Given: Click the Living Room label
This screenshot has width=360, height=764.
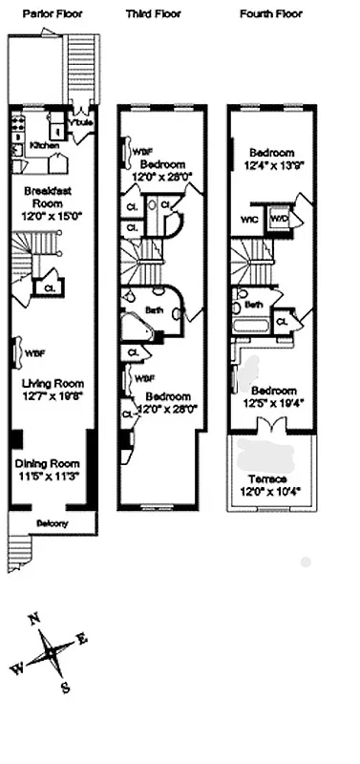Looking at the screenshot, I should tap(53, 384).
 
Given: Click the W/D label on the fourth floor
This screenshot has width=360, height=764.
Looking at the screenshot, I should tap(279, 217).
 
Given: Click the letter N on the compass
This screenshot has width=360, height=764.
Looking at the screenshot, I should tap(35, 620).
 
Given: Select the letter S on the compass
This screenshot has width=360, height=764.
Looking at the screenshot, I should tap(65, 686).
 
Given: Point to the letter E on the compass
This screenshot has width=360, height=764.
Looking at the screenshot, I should tap(82, 639).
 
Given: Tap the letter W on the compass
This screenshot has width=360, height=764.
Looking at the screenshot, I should tap(16, 669).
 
